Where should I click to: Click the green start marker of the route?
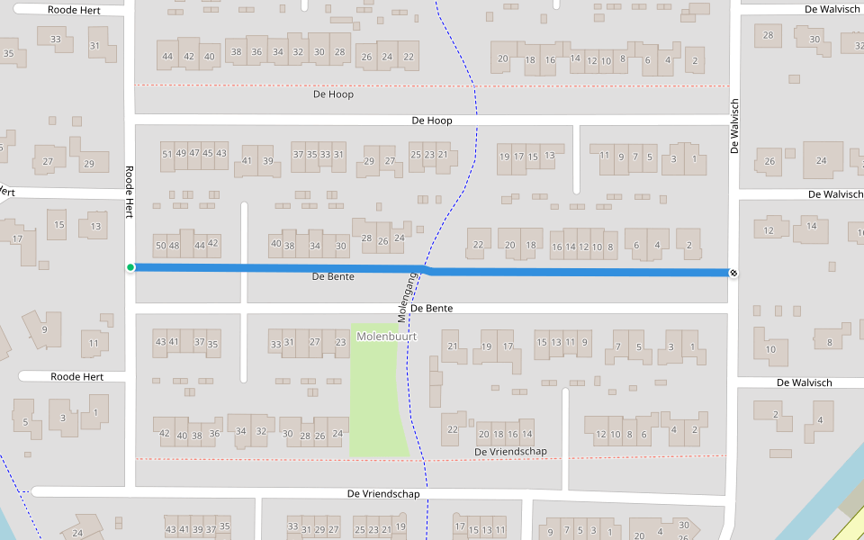130,267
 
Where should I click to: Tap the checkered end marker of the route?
733,273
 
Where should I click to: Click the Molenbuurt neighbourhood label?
387,337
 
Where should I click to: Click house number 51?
166,154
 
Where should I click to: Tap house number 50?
161,245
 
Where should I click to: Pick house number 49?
181,153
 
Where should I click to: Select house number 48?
174,245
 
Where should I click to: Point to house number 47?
194,153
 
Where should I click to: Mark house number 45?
208,153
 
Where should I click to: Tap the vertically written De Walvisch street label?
734,126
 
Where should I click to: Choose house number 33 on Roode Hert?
56,39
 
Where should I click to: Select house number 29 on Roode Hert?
88,164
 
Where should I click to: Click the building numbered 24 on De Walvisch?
821,160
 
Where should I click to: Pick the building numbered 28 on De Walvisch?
768,36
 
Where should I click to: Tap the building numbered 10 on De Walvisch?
770,349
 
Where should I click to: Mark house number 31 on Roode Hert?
95,45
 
